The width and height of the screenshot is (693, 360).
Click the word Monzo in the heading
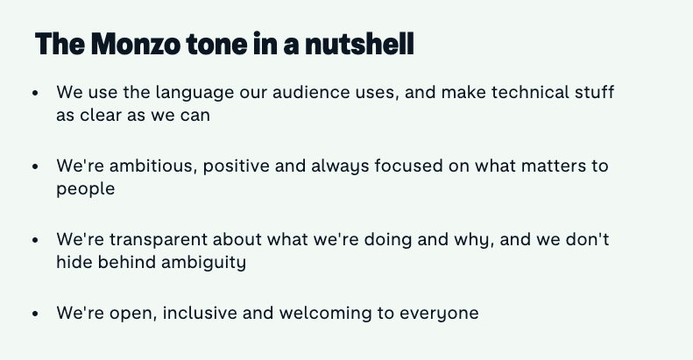pos(136,44)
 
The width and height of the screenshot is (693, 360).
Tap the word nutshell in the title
pos(360,44)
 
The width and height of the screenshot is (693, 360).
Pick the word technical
pos(530,92)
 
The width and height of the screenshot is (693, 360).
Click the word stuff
pos(595,92)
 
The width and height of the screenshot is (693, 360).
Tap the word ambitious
pos(153,166)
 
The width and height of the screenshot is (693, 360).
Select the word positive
pos(236,167)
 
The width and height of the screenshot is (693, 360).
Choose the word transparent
pos(159,241)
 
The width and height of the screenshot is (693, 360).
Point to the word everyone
pos(439,314)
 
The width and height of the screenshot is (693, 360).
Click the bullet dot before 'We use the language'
pos(36,93)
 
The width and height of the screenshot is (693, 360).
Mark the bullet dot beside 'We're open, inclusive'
pos(36,314)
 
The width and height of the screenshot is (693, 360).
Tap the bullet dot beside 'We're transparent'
pos(36,240)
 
